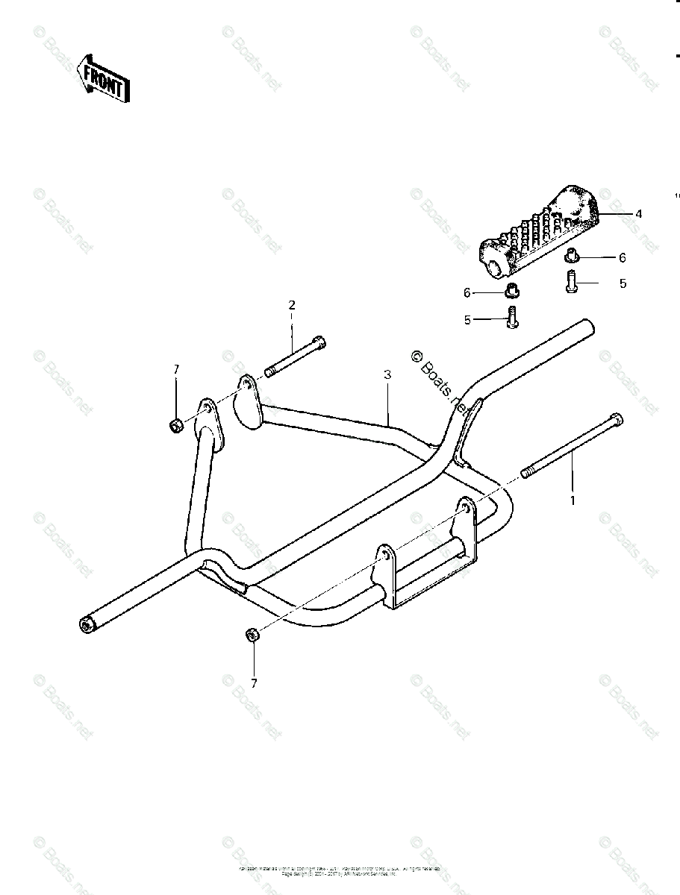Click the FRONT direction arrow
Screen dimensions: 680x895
(x=104, y=78)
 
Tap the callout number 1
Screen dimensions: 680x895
(x=573, y=500)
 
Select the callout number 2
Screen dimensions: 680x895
(x=292, y=304)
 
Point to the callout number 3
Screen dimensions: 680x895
(x=387, y=375)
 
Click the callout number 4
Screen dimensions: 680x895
(x=638, y=213)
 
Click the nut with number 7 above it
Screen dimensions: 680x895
(x=252, y=635)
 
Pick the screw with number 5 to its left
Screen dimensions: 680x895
(x=511, y=318)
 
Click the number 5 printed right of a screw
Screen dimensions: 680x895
(x=623, y=283)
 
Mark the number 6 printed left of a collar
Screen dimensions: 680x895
(x=467, y=292)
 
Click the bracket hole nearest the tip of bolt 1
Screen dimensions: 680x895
(x=466, y=510)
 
